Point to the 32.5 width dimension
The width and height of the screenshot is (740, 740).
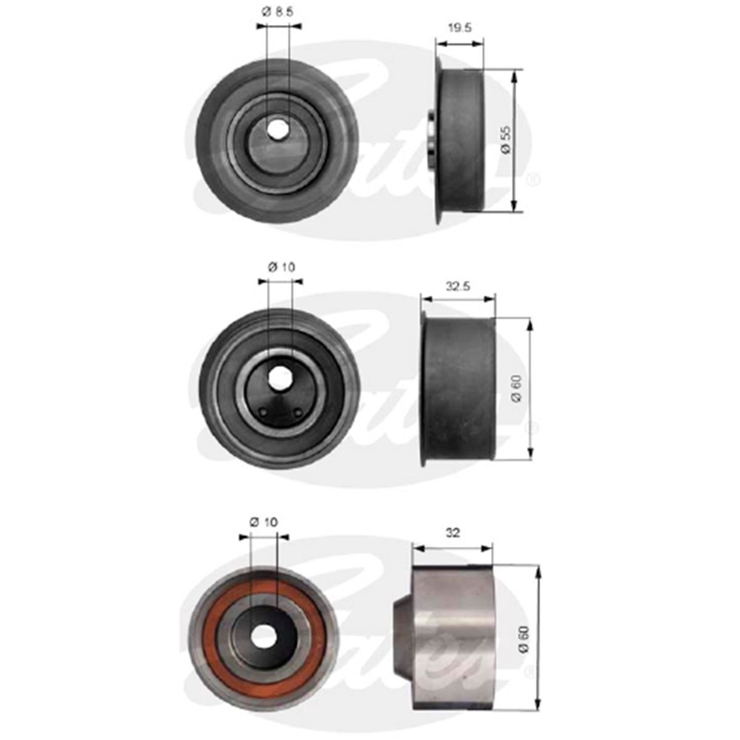[457, 286]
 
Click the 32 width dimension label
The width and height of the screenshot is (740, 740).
[453, 533]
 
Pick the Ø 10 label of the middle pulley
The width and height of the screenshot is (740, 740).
[281, 267]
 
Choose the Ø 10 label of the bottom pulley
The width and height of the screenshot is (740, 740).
[263, 522]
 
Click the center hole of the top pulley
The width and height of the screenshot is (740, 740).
[277, 129]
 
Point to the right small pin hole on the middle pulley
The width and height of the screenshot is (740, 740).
[298, 412]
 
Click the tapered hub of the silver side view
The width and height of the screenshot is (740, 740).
[401, 637]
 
